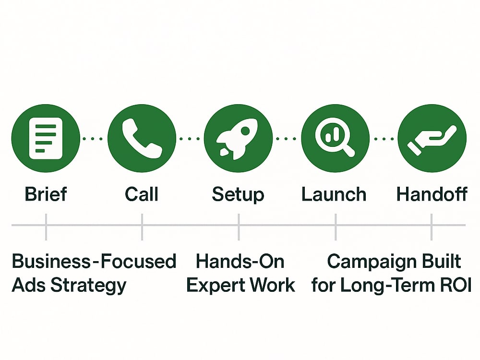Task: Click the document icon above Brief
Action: coord(46,138)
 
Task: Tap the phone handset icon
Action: coord(142,138)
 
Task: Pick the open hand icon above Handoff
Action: coord(432,140)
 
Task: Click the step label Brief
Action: coord(46,194)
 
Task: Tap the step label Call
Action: coord(142,194)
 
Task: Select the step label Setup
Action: coord(238,195)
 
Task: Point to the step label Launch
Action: coord(334,194)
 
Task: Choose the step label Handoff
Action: coord(432,194)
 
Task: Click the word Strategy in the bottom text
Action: coord(88,286)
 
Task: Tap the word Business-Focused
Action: coord(94,262)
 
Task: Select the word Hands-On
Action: coord(240,262)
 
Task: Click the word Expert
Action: coord(216,286)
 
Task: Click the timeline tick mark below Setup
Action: coord(239,227)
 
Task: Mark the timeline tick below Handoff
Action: coord(432,227)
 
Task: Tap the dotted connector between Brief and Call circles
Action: coord(93,139)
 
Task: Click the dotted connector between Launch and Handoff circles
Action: coord(384,139)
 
